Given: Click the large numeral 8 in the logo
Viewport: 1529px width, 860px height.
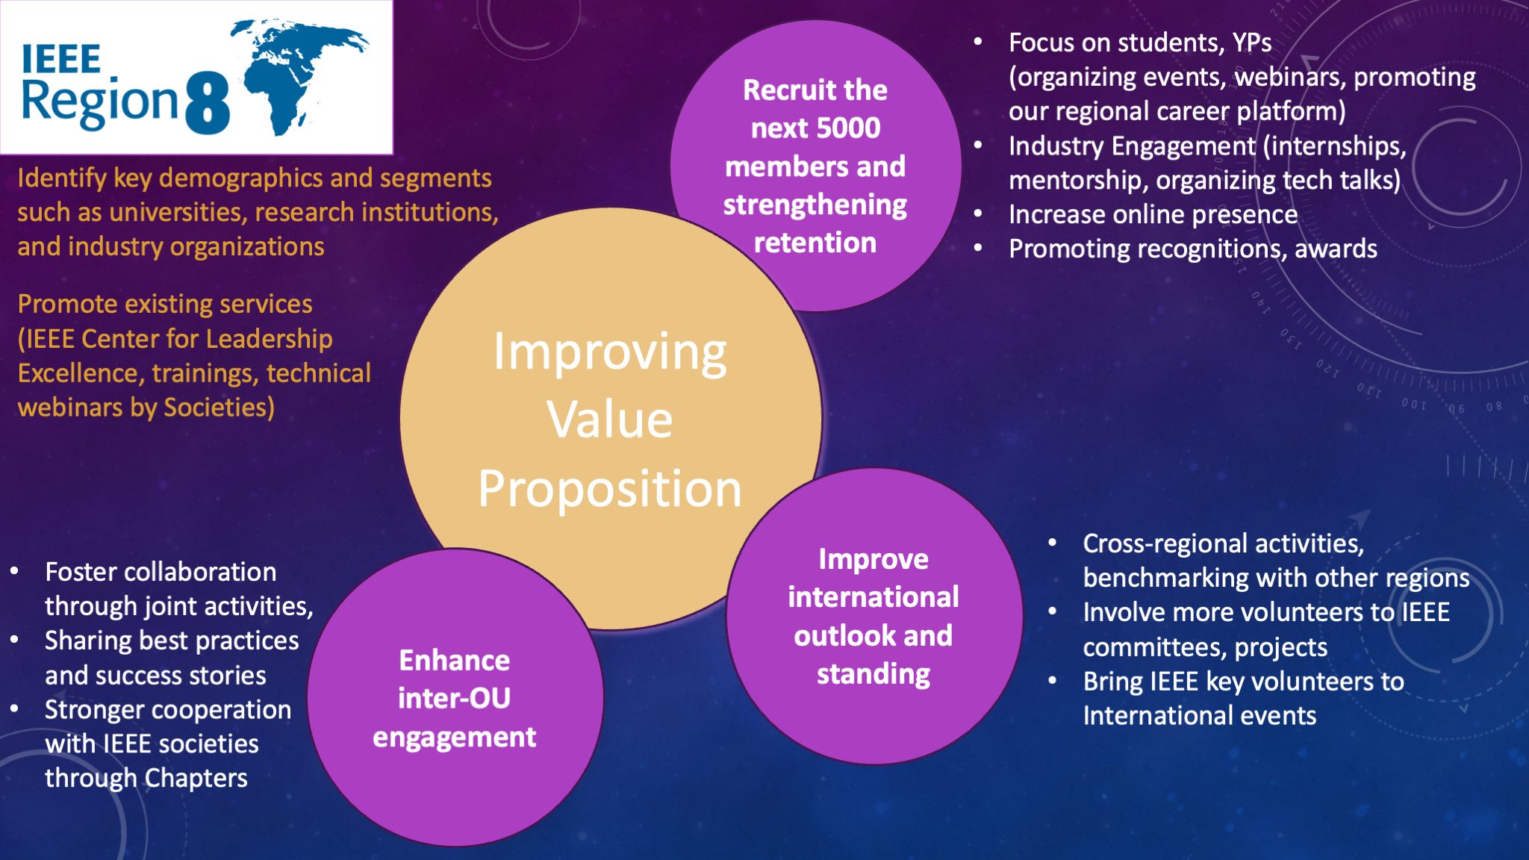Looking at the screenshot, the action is (207, 103).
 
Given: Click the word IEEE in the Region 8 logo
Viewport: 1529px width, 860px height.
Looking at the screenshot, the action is (61, 60).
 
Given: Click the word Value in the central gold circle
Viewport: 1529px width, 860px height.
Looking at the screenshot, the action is (610, 419).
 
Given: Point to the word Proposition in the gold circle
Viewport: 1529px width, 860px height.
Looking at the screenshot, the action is (610, 489).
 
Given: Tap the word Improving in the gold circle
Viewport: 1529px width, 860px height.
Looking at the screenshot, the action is (610, 352).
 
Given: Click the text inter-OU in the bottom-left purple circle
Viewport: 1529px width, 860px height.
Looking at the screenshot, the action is (455, 699).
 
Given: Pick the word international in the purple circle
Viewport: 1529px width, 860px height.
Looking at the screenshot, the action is (874, 597).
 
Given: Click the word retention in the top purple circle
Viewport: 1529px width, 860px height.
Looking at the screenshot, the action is (815, 243).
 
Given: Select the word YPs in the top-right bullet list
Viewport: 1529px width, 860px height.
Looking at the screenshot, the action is (1252, 43).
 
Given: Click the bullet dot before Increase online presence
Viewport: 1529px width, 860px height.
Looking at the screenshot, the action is (978, 214).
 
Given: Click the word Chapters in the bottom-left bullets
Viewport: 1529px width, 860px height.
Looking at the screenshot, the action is (196, 779).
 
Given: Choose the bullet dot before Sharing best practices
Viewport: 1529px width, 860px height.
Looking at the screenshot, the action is (14, 641).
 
